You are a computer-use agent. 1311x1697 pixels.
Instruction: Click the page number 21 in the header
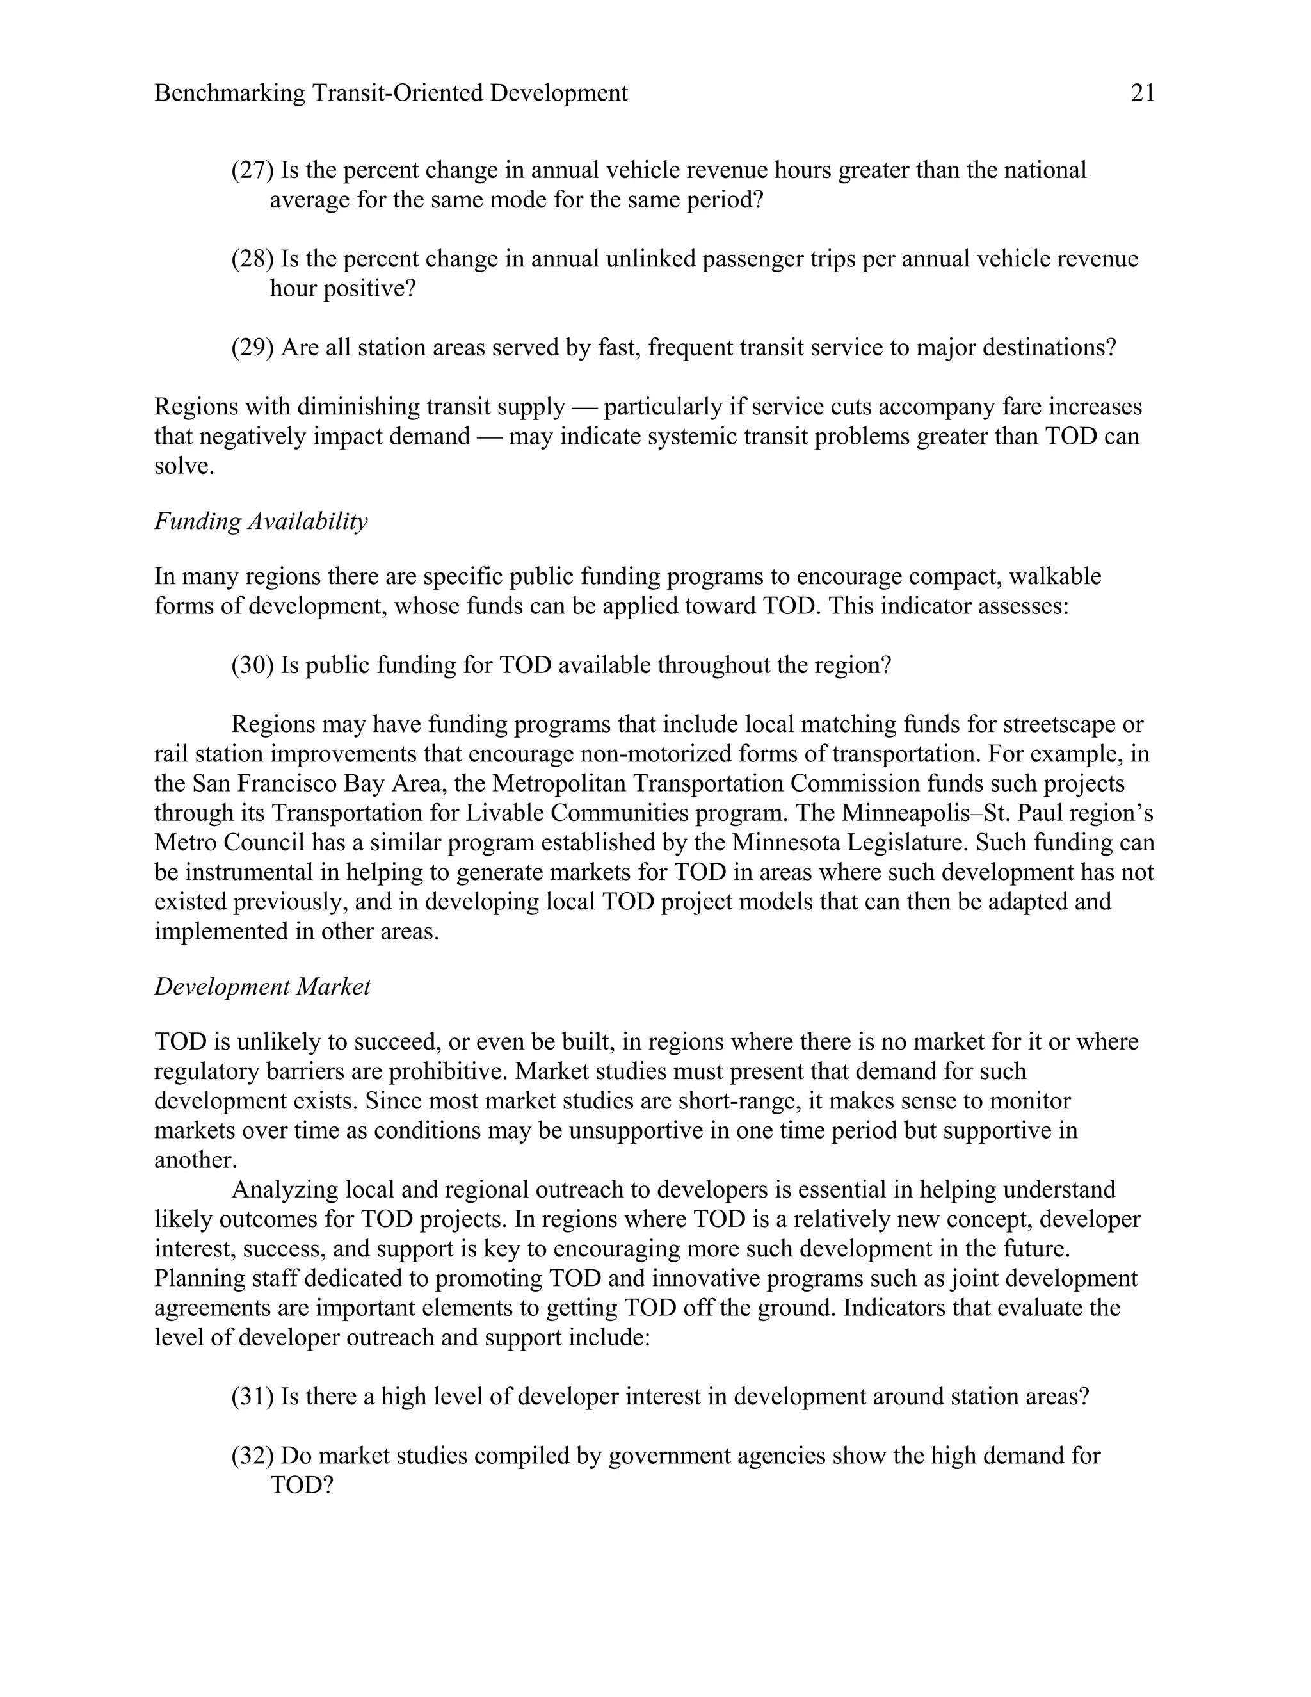(x=1143, y=93)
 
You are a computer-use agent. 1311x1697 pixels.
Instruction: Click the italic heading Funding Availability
(x=261, y=521)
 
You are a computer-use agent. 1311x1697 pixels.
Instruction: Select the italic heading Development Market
(x=262, y=987)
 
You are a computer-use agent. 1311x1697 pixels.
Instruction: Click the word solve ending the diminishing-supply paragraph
(x=183, y=466)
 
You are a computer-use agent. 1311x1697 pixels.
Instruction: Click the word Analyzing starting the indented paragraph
(x=284, y=1190)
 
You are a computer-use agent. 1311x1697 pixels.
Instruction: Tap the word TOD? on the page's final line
(x=302, y=1486)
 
